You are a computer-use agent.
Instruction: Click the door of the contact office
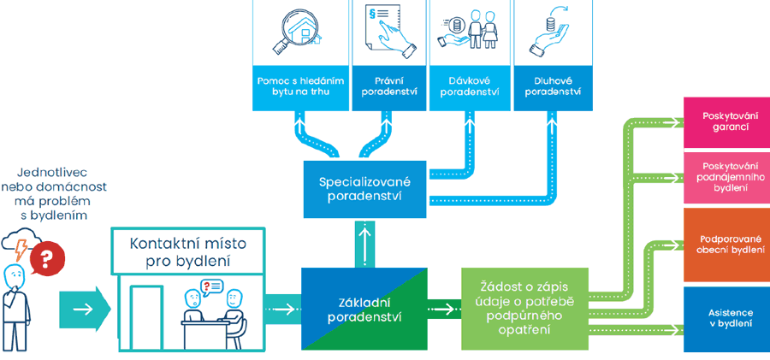click(x=146, y=317)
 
